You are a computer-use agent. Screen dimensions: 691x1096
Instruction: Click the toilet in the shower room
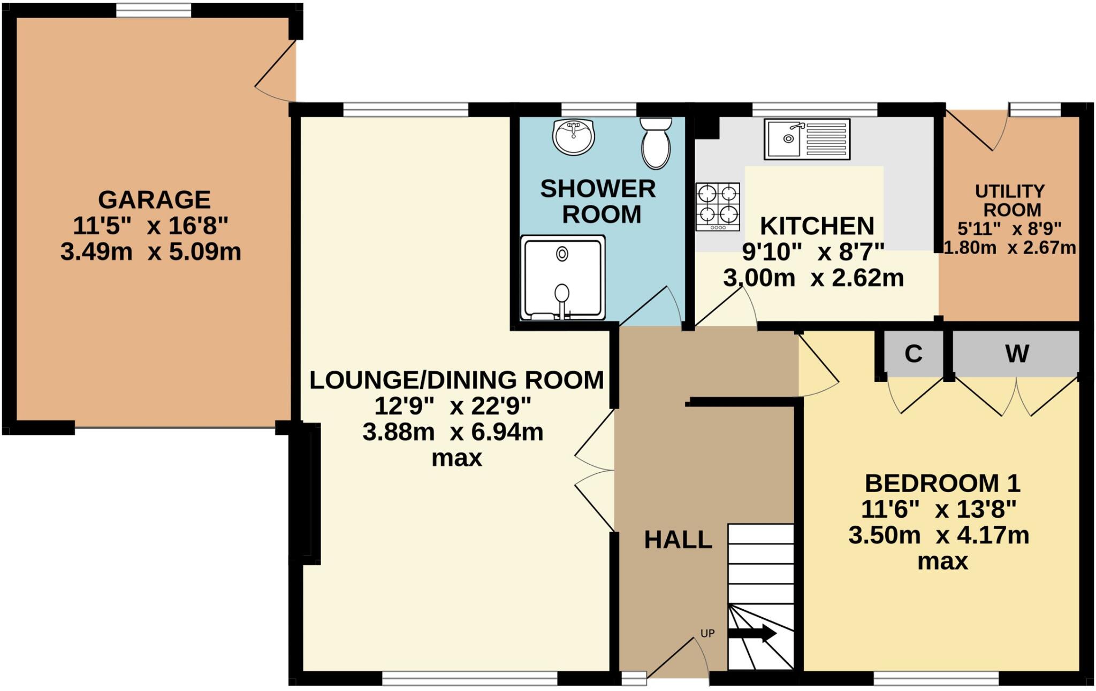656,143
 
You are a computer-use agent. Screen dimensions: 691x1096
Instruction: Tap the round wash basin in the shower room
573,137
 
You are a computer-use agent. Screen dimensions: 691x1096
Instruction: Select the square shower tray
564,278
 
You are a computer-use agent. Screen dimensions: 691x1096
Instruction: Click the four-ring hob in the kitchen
718,207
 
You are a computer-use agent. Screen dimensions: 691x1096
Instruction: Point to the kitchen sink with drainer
807,139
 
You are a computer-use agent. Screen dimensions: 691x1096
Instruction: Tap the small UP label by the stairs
707,633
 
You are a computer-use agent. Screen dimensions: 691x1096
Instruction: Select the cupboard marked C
913,354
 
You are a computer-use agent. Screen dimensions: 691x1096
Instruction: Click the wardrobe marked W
1016,354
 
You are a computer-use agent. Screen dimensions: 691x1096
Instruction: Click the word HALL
678,540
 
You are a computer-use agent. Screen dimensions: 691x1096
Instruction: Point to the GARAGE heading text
154,199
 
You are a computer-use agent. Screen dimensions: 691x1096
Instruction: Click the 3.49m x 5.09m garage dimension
151,251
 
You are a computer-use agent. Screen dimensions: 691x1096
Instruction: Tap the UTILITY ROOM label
1009,200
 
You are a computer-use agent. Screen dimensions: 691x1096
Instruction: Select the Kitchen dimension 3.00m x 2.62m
813,278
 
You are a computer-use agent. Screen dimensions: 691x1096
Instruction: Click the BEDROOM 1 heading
942,483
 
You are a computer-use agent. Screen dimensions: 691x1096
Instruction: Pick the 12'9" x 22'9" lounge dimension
452,406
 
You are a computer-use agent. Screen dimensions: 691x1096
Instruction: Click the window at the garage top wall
154,10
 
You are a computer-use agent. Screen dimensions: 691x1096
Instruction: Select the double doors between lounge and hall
595,471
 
